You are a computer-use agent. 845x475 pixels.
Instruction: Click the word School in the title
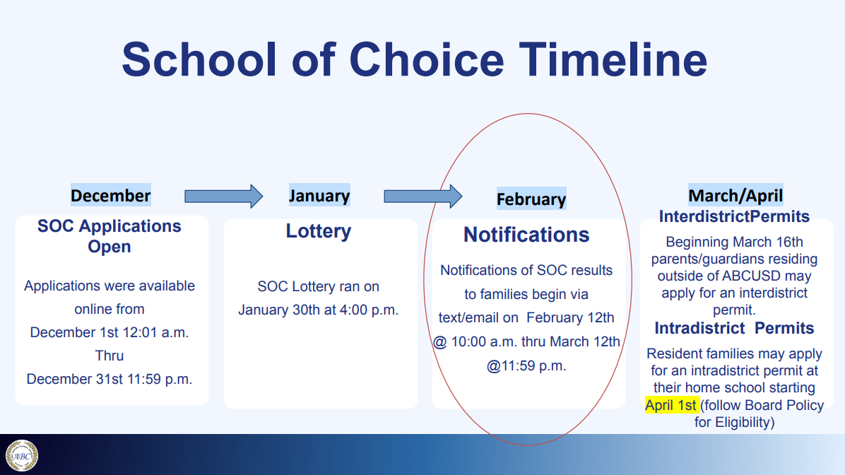(199, 59)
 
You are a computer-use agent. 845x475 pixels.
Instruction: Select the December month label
(110, 195)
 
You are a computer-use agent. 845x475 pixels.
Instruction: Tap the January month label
(319, 195)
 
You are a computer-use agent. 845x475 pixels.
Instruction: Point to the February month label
(531, 199)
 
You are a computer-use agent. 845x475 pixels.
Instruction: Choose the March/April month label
(735, 195)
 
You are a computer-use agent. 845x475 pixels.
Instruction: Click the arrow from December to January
(224, 197)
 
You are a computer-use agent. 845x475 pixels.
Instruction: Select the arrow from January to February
(423, 197)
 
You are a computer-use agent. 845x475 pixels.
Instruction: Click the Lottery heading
(319, 231)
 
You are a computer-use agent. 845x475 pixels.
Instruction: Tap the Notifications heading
(526, 235)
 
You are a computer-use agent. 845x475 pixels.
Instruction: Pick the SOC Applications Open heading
(110, 236)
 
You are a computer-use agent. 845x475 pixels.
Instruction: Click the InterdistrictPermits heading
(734, 217)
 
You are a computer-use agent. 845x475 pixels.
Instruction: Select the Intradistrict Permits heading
(734, 328)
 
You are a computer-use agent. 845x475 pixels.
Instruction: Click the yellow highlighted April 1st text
(671, 405)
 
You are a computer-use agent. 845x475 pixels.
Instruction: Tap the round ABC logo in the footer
(22, 456)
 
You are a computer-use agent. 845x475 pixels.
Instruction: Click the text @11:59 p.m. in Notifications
(526, 366)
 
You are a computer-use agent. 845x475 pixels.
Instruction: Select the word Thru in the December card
(110, 356)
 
